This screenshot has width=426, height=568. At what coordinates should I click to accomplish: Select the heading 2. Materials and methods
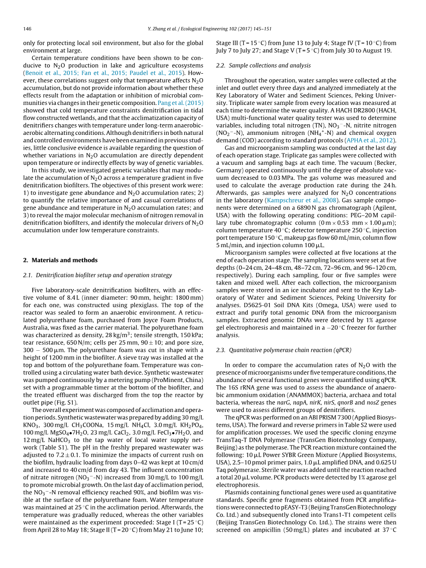[x=60, y=260]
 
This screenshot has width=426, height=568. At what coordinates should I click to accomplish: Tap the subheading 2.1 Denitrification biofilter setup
[x=97, y=275]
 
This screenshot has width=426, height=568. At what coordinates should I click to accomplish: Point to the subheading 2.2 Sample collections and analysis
[x=263, y=65]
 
